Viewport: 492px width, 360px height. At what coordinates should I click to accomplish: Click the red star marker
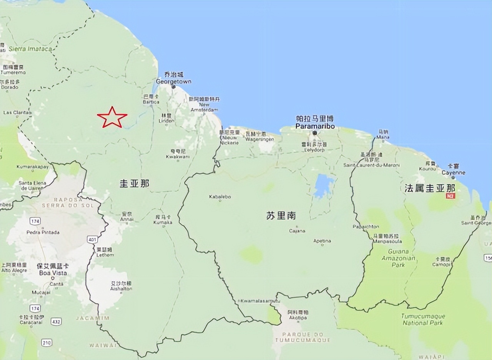point(112,117)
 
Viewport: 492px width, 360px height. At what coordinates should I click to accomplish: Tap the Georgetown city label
point(173,81)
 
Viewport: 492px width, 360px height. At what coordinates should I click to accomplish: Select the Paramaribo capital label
point(315,126)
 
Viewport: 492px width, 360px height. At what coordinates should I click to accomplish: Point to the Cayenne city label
point(454,173)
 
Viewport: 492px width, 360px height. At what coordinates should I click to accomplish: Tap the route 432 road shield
point(56,321)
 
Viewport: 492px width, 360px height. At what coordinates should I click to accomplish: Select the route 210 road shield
point(47,342)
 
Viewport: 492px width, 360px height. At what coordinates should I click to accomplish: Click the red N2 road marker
point(450,196)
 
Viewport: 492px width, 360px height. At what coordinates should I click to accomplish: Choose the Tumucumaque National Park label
point(423,319)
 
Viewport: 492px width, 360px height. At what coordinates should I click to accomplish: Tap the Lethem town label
point(105,255)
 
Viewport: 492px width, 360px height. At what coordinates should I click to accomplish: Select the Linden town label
point(166,120)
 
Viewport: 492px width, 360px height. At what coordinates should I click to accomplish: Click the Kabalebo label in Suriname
point(220,197)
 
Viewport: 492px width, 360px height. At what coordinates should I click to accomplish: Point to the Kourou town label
point(428,168)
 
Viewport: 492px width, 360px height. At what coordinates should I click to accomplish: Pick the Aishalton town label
point(121,288)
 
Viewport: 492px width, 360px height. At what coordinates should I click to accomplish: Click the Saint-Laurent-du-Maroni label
point(371,165)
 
